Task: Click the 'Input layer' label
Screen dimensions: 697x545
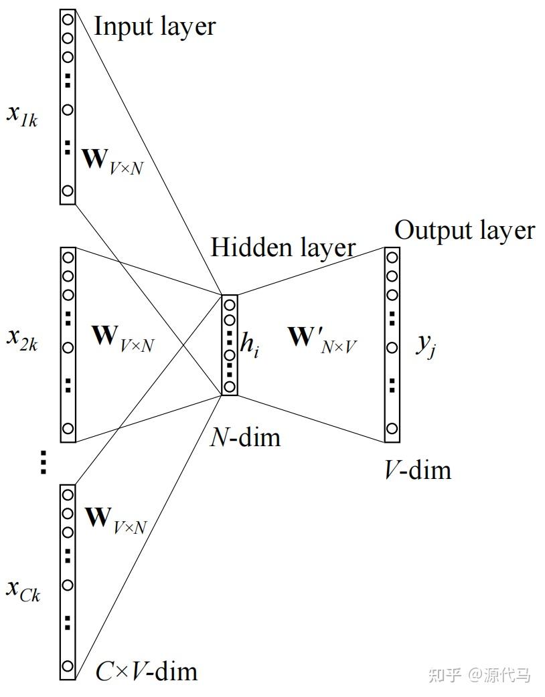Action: pyautogui.click(x=155, y=27)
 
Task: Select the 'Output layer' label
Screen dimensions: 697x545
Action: pyautogui.click(x=465, y=231)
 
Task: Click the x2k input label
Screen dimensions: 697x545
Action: pyautogui.click(x=22, y=338)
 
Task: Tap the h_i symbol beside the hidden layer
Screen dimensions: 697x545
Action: pyautogui.click(x=250, y=346)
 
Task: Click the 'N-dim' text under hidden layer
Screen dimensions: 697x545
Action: pyautogui.click(x=245, y=437)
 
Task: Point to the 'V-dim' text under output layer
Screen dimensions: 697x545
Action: pyautogui.click(x=417, y=471)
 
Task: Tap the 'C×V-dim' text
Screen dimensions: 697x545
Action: pyautogui.click(x=147, y=671)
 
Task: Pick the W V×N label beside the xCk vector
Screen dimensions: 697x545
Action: pyautogui.click(x=116, y=520)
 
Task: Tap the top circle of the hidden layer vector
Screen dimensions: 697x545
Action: pyautogui.click(x=229, y=305)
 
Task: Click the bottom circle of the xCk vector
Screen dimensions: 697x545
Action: pyautogui.click(x=67, y=666)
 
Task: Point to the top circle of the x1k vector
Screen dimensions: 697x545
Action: pyautogui.click(x=67, y=19)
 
